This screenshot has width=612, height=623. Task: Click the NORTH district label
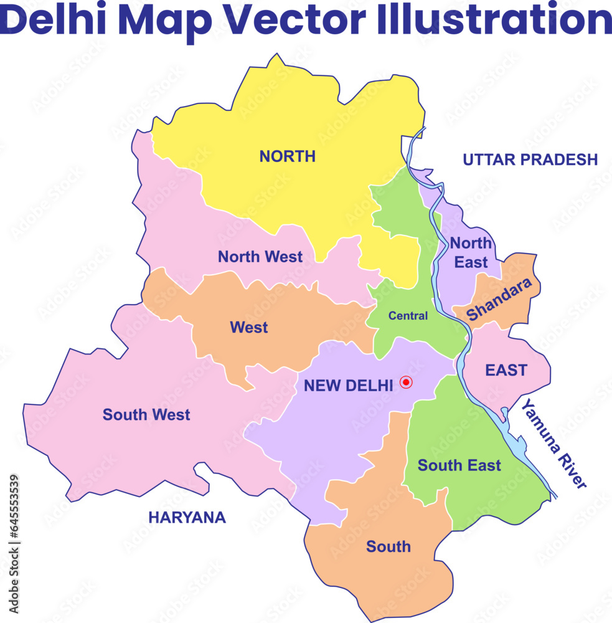point(287,156)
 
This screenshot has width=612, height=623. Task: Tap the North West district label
point(260,257)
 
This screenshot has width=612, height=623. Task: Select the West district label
point(248,327)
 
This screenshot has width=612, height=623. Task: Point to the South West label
point(146,414)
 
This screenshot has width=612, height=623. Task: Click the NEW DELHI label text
point(348,386)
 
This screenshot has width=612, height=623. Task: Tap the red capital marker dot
point(406,382)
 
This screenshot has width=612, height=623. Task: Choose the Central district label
point(408,316)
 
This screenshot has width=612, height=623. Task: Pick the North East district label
point(471,252)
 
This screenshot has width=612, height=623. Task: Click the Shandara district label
point(500,299)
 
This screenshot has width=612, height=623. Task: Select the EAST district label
point(506,370)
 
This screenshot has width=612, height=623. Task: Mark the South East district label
point(459,465)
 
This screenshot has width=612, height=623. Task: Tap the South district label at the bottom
point(388,546)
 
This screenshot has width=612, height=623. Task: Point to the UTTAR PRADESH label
point(530,159)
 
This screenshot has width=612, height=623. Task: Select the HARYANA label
point(187,517)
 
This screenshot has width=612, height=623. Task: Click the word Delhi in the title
point(54,20)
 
